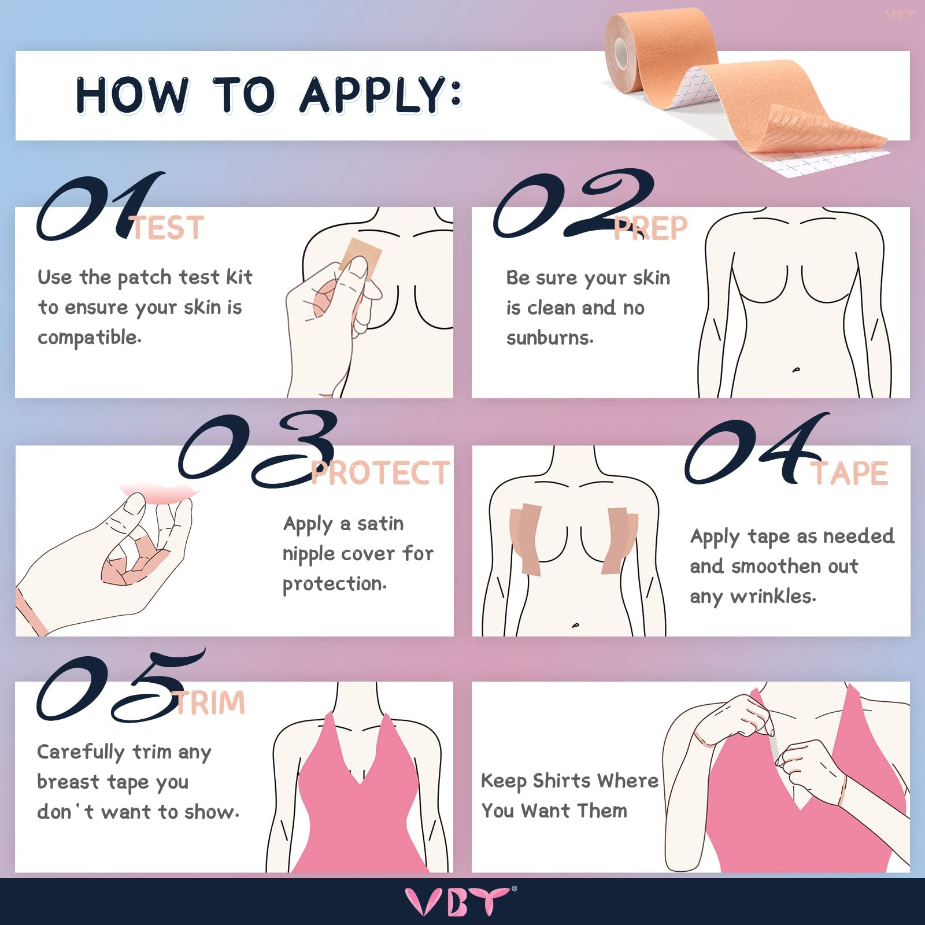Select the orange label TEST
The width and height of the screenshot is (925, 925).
pos(168,228)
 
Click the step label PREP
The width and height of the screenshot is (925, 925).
pos(650,229)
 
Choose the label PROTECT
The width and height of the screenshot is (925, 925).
pos(380,473)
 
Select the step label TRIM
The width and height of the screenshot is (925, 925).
pos(210,703)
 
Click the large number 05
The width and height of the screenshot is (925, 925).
pos(119,688)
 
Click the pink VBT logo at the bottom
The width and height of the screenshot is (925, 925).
pos(457,901)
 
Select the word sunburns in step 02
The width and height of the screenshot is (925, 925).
pos(549,338)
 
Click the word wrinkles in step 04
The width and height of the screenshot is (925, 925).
pos(773,596)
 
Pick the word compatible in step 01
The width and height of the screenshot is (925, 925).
pos(89,338)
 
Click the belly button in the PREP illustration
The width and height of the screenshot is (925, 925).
pos(796,369)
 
